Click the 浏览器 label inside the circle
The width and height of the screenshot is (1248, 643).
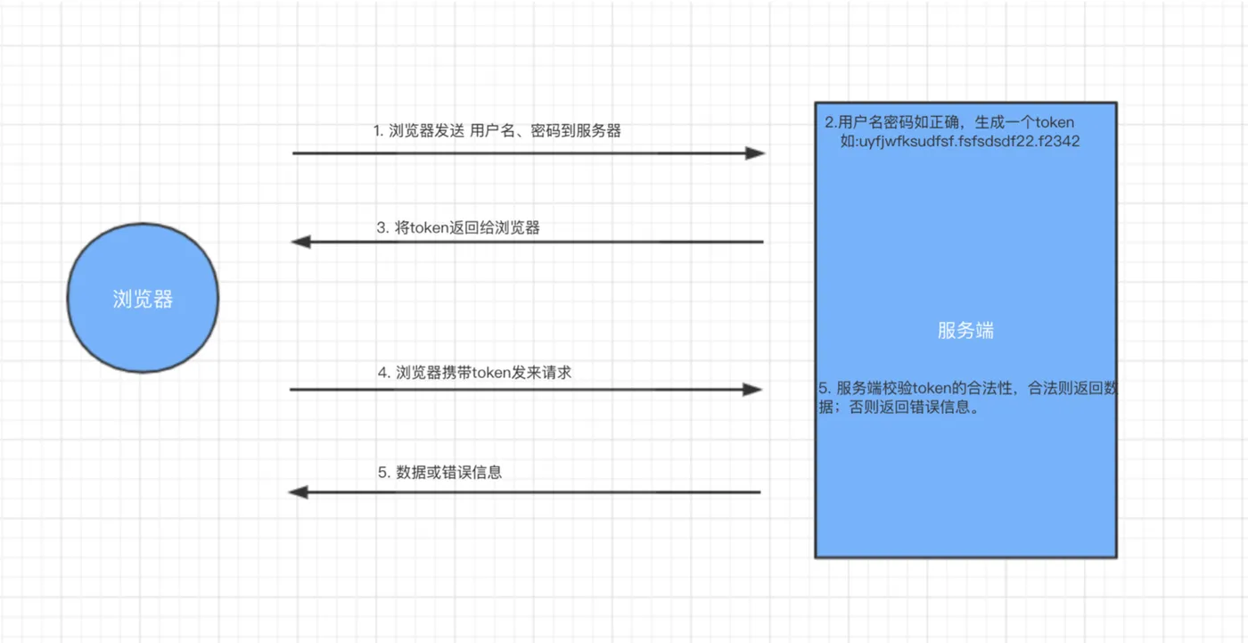(143, 300)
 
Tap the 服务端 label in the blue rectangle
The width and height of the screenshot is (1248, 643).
(965, 331)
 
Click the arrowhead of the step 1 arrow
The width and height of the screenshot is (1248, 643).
(755, 153)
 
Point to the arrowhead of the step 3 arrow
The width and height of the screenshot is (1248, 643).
(301, 242)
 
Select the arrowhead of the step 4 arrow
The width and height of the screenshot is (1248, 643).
(752, 390)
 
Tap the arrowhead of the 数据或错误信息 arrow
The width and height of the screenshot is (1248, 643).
(300, 492)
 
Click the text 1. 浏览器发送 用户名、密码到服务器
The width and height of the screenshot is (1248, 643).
(497, 131)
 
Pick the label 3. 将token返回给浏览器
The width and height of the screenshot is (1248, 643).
(458, 227)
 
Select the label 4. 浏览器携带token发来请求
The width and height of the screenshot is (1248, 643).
(474, 373)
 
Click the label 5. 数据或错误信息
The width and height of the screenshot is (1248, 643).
(439, 473)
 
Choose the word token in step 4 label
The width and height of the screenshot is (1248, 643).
(490, 373)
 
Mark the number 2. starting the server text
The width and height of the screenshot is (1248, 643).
(831, 122)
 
